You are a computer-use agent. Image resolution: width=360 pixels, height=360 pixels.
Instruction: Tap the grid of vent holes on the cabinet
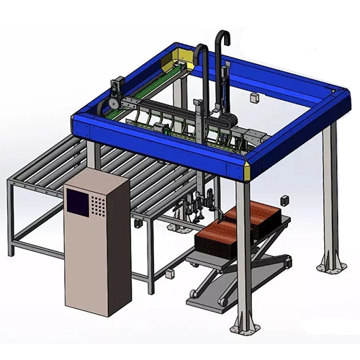tap(97, 208)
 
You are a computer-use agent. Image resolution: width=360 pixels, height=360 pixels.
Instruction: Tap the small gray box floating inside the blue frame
tap(254, 97)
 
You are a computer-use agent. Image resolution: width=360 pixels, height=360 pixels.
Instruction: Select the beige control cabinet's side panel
tap(117, 245)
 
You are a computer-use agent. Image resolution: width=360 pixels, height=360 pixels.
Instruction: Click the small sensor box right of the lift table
tap(284, 199)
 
